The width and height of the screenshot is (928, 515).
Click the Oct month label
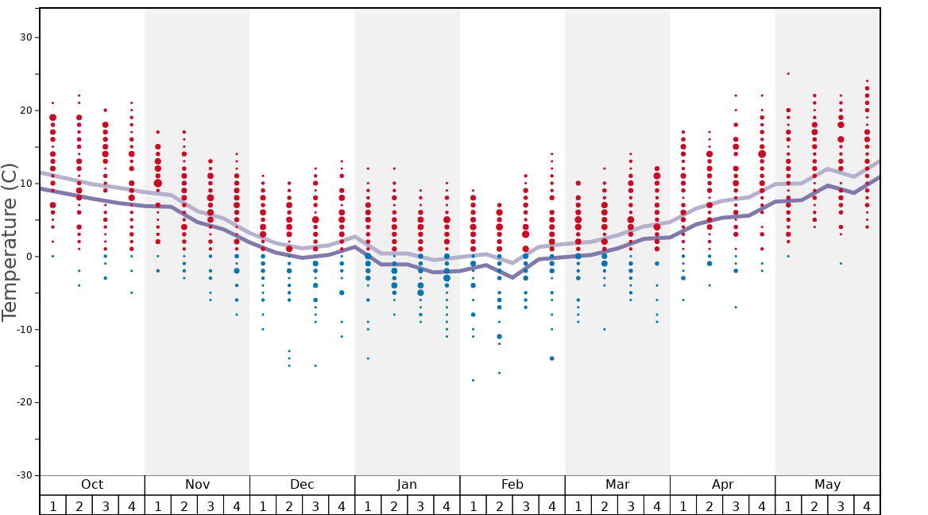click(92, 485)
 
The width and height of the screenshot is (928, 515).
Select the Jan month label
click(407, 485)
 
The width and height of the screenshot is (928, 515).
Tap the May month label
click(827, 485)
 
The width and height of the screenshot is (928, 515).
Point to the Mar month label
click(617, 485)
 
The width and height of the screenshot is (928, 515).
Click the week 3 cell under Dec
click(315, 505)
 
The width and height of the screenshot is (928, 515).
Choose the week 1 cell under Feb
click(473, 505)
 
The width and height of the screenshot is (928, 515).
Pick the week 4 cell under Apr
click(762, 505)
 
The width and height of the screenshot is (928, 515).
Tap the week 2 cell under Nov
click(184, 505)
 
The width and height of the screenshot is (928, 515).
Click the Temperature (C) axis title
click(10, 242)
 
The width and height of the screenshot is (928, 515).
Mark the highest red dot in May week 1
click(788, 74)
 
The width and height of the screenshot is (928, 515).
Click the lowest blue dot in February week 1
click(473, 380)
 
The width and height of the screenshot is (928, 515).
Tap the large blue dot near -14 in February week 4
click(551, 358)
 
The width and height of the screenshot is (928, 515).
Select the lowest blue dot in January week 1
click(368, 358)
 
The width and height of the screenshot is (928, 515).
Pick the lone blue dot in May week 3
click(841, 264)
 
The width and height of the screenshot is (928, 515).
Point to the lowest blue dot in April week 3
click(736, 308)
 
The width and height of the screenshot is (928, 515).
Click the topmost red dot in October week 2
click(79, 95)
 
